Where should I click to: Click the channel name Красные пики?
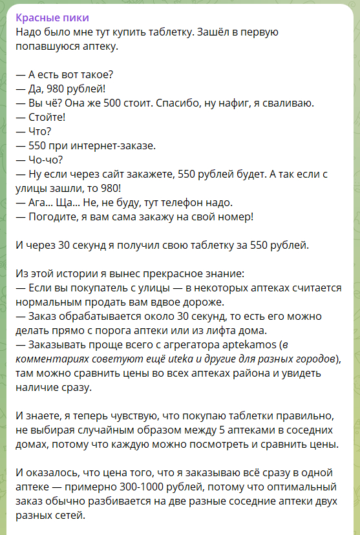(52, 17)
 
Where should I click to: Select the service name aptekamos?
(251, 344)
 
